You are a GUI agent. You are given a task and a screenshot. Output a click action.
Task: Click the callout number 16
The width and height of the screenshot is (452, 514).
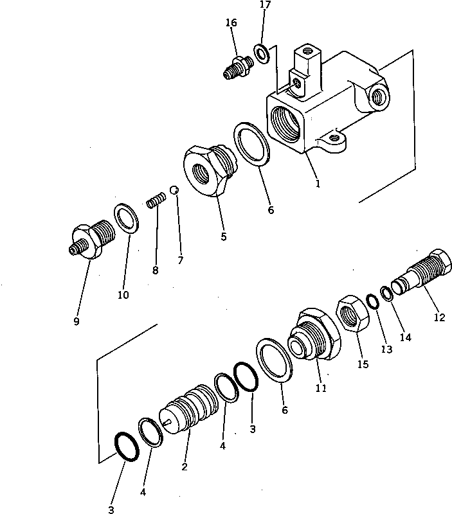click(231, 22)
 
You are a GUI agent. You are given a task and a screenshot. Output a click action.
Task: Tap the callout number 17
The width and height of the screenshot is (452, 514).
click(265, 5)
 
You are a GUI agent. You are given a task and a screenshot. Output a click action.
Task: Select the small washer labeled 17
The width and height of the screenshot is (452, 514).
click(262, 53)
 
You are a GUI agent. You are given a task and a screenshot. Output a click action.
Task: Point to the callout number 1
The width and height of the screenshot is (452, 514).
click(318, 184)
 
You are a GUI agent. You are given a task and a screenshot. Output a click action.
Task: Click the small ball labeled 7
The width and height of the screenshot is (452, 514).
click(174, 190)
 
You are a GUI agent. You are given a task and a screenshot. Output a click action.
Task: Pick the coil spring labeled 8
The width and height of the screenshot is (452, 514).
click(156, 200)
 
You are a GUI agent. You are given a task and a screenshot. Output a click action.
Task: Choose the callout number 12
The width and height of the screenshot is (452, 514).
click(439, 317)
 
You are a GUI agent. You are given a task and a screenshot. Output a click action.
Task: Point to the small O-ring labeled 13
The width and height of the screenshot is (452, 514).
click(373, 301)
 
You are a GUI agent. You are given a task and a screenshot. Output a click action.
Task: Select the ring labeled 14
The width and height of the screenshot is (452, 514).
click(387, 293)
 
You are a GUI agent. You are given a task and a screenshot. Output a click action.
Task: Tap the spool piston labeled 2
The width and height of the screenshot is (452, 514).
click(189, 410)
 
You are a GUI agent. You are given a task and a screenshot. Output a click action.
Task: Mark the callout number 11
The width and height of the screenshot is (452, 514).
click(321, 388)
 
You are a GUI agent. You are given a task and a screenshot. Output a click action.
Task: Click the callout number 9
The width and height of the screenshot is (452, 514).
click(77, 321)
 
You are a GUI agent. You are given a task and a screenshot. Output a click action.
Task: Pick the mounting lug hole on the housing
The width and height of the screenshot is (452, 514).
click(334, 137)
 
